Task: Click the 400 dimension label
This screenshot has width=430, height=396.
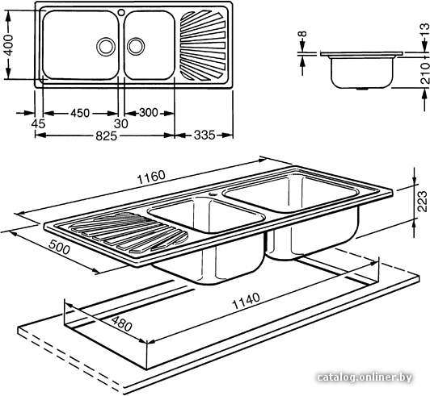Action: click(x=9, y=45)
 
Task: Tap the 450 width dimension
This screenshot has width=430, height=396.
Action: click(x=80, y=113)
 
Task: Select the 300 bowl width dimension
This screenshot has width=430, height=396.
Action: click(x=149, y=112)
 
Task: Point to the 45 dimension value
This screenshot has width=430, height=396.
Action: click(x=38, y=124)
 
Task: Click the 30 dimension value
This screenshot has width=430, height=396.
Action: click(x=121, y=124)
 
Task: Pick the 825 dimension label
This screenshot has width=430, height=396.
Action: click(x=106, y=136)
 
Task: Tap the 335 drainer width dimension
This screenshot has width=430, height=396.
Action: click(x=204, y=135)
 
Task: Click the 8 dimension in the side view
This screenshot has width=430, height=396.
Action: click(x=302, y=34)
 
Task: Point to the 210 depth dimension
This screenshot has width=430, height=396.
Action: click(x=425, y=73)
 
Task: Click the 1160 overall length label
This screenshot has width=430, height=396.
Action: click(x=151, y=177)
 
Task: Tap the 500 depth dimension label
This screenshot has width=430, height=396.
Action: click(x=59, y=247)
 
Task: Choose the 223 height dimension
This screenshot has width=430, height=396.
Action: click(x=423, y=201)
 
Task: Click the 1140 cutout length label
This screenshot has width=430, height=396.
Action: click(x=246, y=301)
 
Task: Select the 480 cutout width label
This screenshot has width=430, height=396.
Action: click(x=121, y=323)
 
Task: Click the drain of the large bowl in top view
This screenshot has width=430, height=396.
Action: click(x=106, y=47)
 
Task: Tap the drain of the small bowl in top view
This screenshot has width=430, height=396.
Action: click(x=136, y=46)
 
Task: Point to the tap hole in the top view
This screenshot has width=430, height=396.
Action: click(x=121, y=12)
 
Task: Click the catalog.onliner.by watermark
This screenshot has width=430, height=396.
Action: click(x=365, y=377)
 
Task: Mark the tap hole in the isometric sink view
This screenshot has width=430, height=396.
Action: click(x=213, y=194)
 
